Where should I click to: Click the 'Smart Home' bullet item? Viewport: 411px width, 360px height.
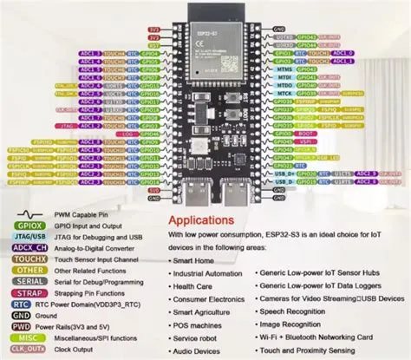196,259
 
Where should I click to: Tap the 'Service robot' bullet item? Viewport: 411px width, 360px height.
199,338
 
